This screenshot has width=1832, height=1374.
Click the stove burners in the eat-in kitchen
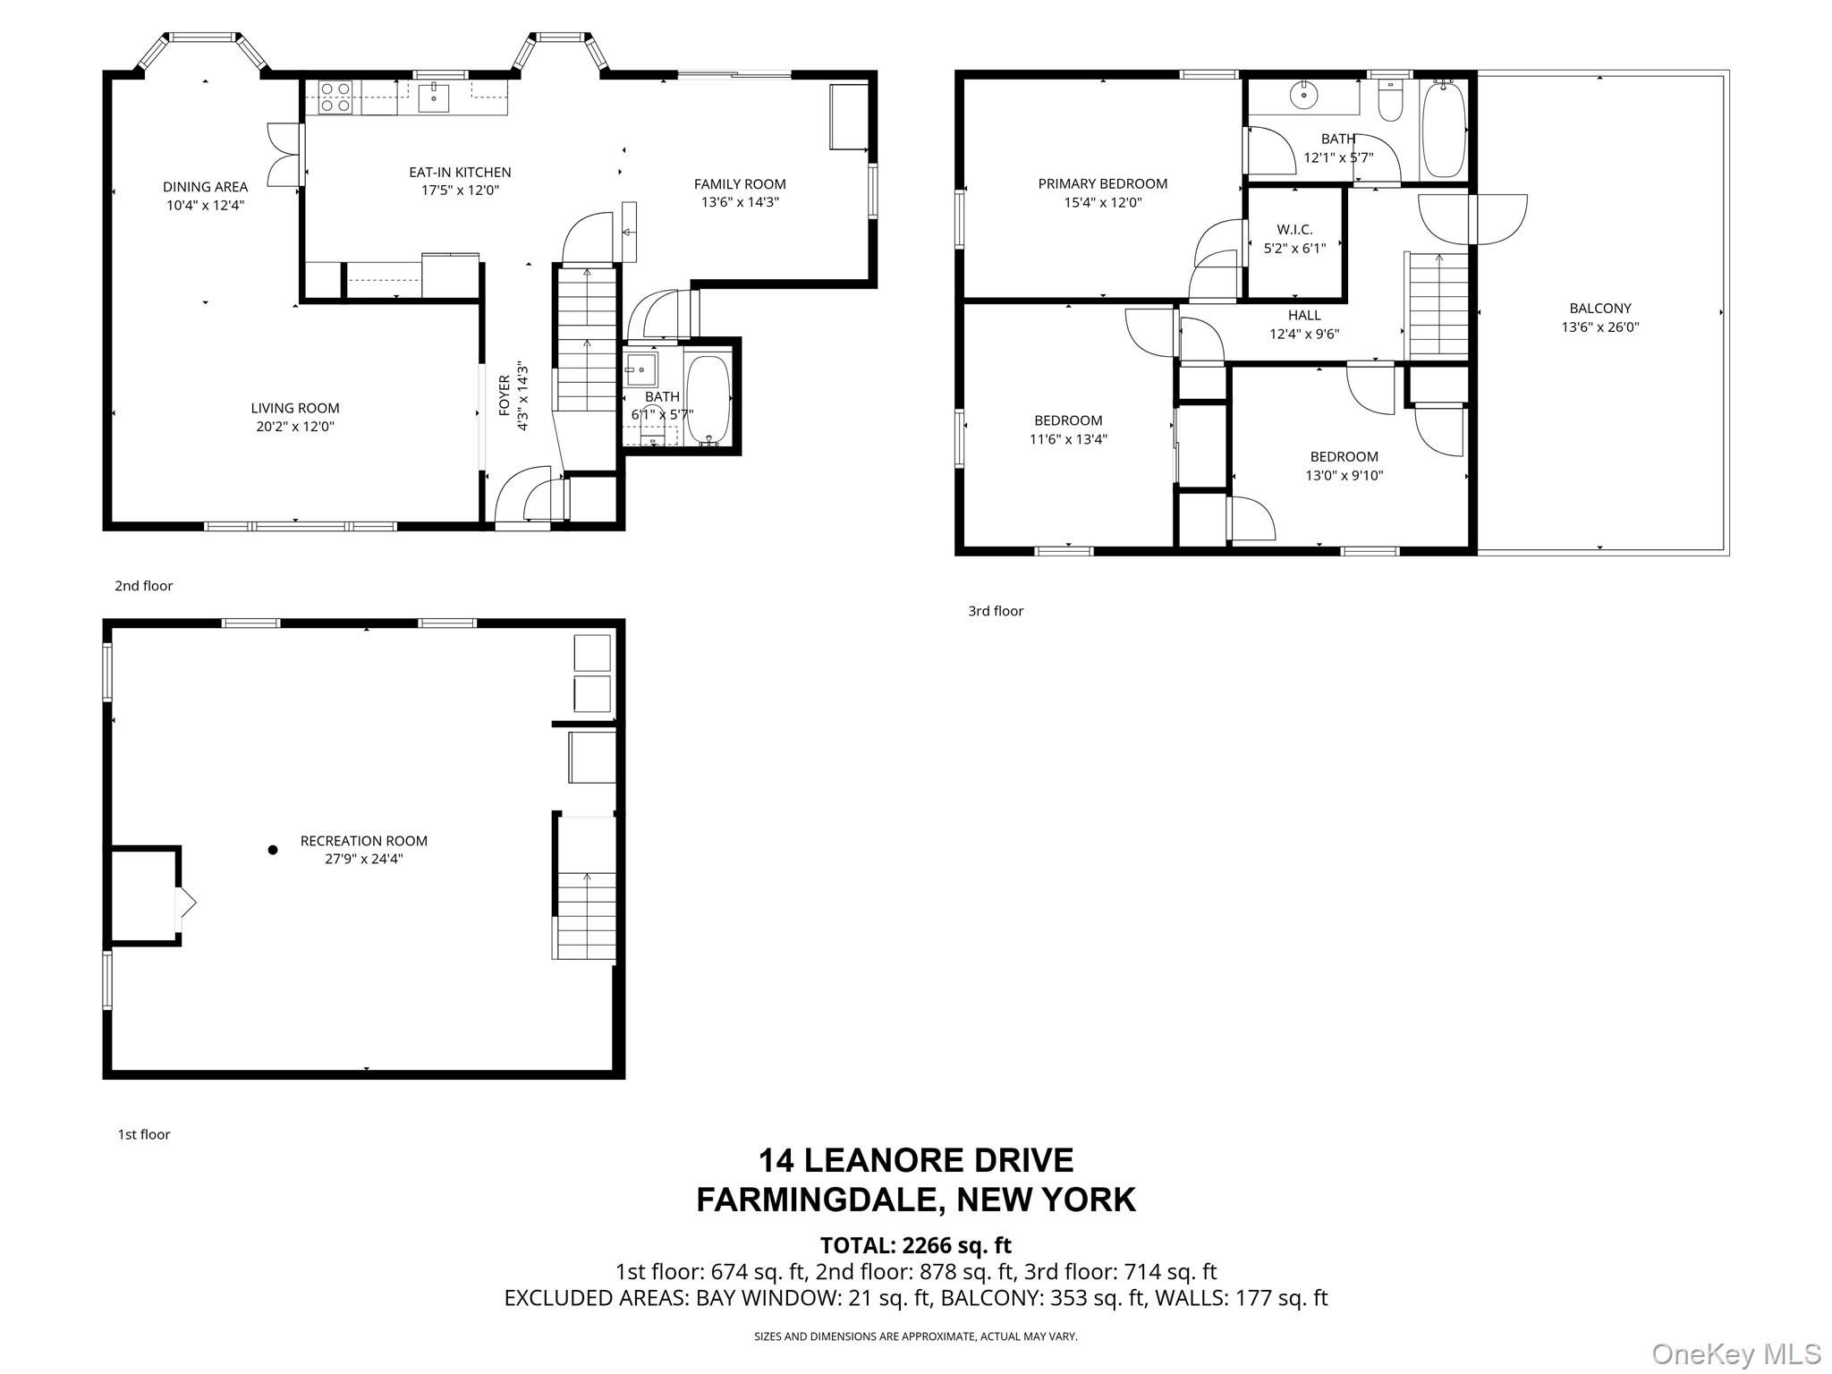(335, 98)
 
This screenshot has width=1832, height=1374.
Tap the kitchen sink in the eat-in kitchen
(434, 97)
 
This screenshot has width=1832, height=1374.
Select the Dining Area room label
(206, 187)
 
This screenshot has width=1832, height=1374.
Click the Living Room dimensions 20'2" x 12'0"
(295, 427)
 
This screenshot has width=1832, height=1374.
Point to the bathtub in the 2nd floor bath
(708, 400)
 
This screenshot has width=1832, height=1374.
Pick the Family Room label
(740, 184)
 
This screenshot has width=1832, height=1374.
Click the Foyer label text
(504, 395)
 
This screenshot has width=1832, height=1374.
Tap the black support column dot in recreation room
(273, 850)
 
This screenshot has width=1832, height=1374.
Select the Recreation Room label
(364, 841)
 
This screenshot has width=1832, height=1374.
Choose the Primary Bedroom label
(1103, 184)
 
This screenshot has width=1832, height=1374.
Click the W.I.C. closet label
(1294, 230)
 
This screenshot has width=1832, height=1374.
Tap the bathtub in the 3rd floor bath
(1443, 131)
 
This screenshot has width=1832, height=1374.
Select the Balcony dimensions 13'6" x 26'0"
(1600, 327)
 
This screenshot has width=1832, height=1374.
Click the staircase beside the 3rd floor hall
(1439, 305)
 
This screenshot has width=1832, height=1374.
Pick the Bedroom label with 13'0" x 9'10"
(1344, 457)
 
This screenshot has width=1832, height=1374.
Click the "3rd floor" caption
(996, 611)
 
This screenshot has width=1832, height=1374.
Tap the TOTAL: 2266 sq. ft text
(916, 1245)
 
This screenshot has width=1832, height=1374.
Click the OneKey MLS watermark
(1736, 1354)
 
